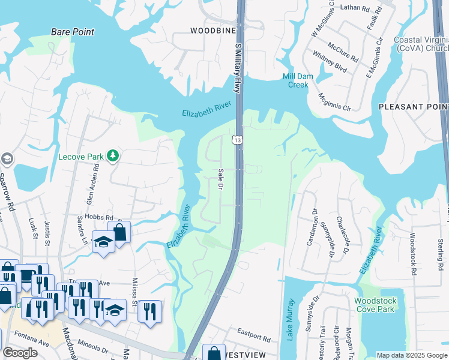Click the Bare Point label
[73, 32]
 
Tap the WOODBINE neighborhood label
[210, 30]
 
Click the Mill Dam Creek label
[295, 80]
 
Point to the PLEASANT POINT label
[414, 106]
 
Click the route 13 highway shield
[238, 140]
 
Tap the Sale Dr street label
[220, 179]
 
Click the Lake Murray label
[291, 320]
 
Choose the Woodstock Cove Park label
[375, 305]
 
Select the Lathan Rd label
[355, 8]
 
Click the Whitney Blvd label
[330, 61]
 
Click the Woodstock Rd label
[413, 254]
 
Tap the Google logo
[20, 353]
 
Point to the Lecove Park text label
[82, 157]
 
